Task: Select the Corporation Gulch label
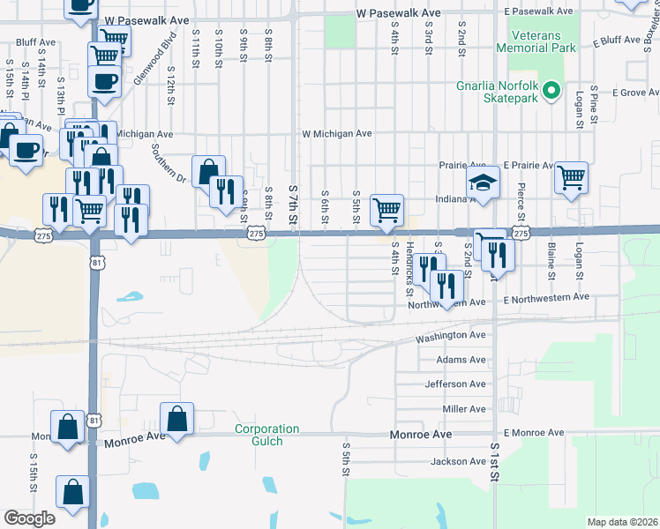(266, 435)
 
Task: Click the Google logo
(29, 518)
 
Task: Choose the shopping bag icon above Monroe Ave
(176, 418)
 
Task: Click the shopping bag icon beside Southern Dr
(209, 169)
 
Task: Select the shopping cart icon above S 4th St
(386, 210)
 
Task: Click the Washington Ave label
(451, 336)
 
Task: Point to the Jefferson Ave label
(455, 384)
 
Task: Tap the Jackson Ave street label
(458, 462)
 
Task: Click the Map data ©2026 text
(622, 522)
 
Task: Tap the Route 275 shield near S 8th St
(256, 234)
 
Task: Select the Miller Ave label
(463, 409)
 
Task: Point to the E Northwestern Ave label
(545, 298)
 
